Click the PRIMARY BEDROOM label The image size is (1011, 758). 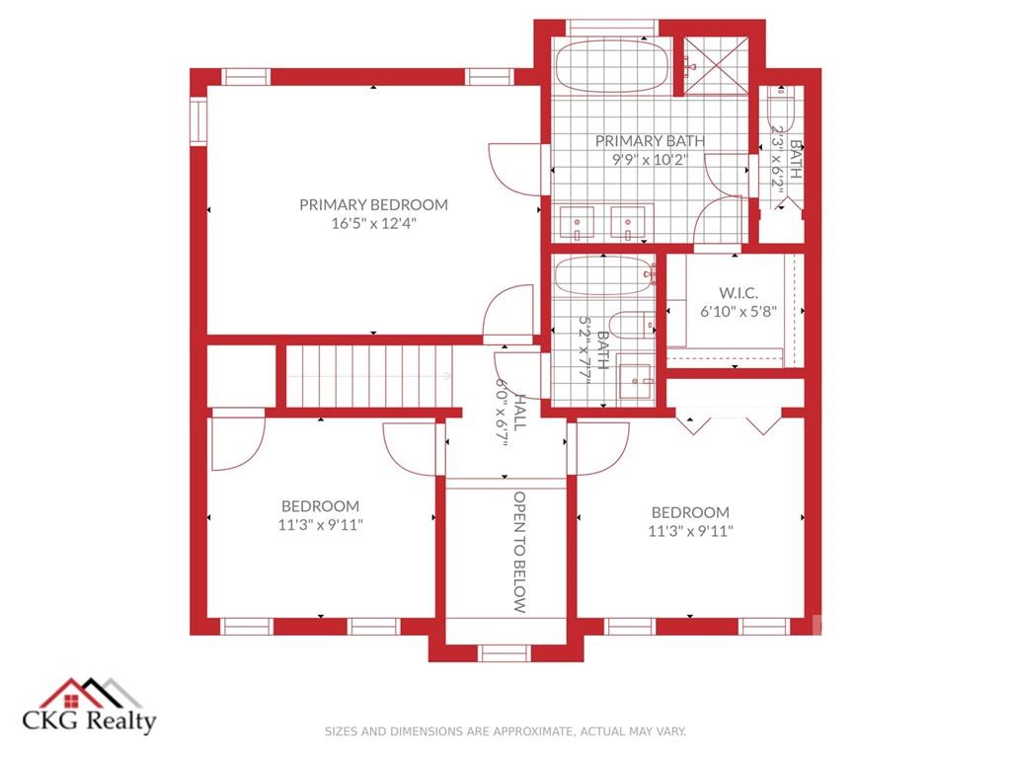click(373, 205)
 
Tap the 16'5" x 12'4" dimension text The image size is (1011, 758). click(374, 224)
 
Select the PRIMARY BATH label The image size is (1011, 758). click(650, 140)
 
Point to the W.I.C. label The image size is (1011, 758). click(739, 292)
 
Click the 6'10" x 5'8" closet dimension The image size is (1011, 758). click(739, 311)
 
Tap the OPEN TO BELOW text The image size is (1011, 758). click(519, 553)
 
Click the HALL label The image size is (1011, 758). click(519, 413)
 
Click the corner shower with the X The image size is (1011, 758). click(716, 66)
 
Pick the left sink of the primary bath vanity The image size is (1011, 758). click(577, 223)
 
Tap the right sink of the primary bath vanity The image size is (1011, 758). click(628, 223)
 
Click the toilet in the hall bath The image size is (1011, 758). click(631, 326)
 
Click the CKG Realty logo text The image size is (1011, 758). click(89, 720)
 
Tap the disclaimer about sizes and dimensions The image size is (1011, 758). click(505, 731)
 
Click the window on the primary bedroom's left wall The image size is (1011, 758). click(197, 120)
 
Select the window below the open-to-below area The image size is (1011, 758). click(505, 653)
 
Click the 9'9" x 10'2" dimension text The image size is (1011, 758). click(650, 159)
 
